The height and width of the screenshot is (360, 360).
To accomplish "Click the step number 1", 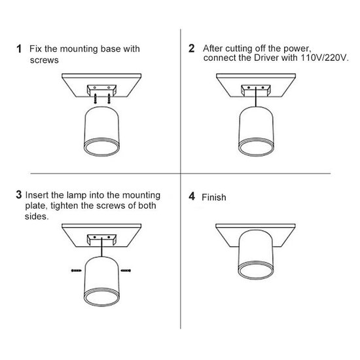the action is [19, 48].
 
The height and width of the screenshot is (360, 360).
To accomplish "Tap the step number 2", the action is [192, 48].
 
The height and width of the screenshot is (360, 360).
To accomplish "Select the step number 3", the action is [19, 194].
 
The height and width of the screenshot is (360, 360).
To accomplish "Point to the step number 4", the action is [192, 196].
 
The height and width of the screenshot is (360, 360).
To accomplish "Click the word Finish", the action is [214, 197].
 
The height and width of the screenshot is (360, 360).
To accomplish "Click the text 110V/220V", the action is [325, 58].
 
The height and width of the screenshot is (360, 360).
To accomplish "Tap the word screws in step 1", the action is [44, 60].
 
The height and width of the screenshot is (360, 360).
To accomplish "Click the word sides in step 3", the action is [36, 216].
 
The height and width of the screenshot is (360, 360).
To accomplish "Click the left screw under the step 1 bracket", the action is [95, 98].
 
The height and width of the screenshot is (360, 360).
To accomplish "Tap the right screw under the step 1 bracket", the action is [109, 98].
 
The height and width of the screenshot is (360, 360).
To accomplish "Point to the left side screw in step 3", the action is [76, 270].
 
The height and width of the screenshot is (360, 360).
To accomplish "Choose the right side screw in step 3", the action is [126, 270].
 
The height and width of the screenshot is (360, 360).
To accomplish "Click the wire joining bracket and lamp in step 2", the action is [256, 97].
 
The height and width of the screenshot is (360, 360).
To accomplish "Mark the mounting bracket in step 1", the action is [101, 90].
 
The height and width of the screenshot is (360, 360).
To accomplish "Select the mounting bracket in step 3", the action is [101, 240].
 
